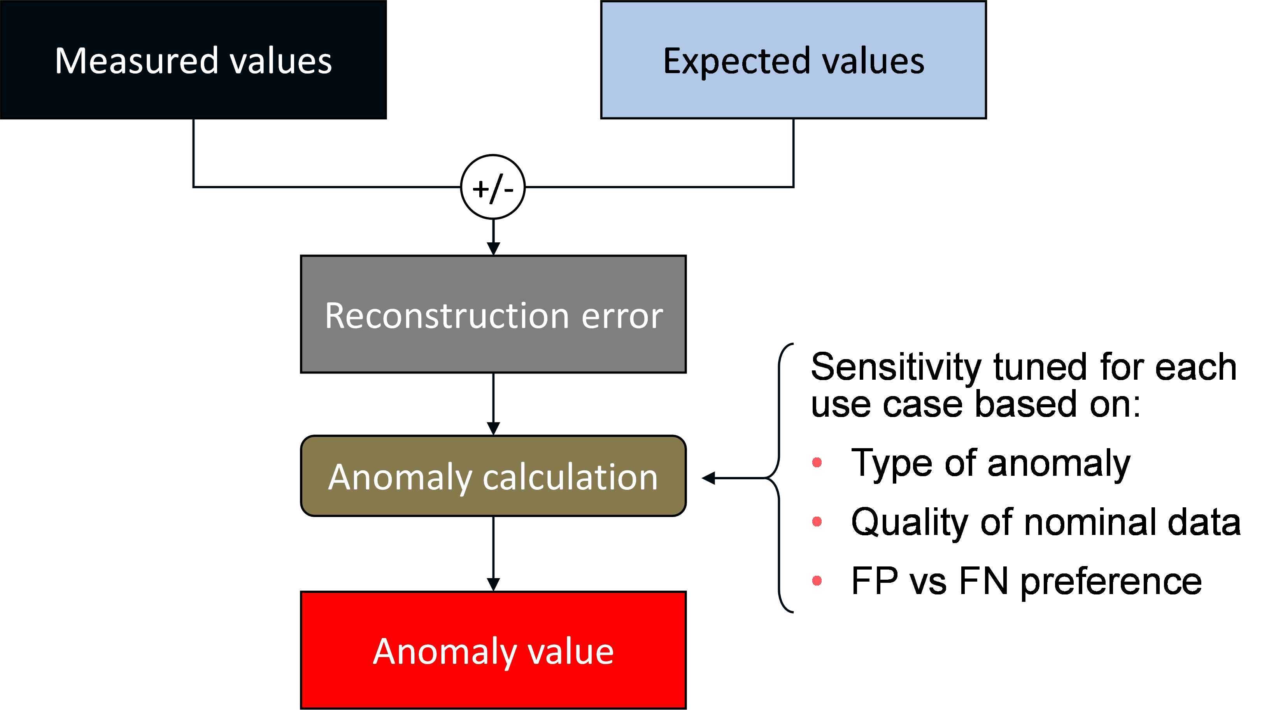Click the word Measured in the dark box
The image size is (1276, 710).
(136, 61)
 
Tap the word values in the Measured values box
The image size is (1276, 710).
(281, 61)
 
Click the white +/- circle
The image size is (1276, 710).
(493, 187)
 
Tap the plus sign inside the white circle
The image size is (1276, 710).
(480, 189)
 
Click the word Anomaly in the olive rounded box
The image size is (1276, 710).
(400, 477)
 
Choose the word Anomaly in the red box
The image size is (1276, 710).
(444, 652)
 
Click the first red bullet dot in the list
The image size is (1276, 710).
(817, 462)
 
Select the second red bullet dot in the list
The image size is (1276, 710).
(817, 521)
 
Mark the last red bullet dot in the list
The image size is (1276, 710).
(817, 580)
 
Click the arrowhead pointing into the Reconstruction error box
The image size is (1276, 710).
(493, 248)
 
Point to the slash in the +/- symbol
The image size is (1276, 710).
(494, 188)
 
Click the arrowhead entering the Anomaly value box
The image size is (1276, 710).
(493, 585)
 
